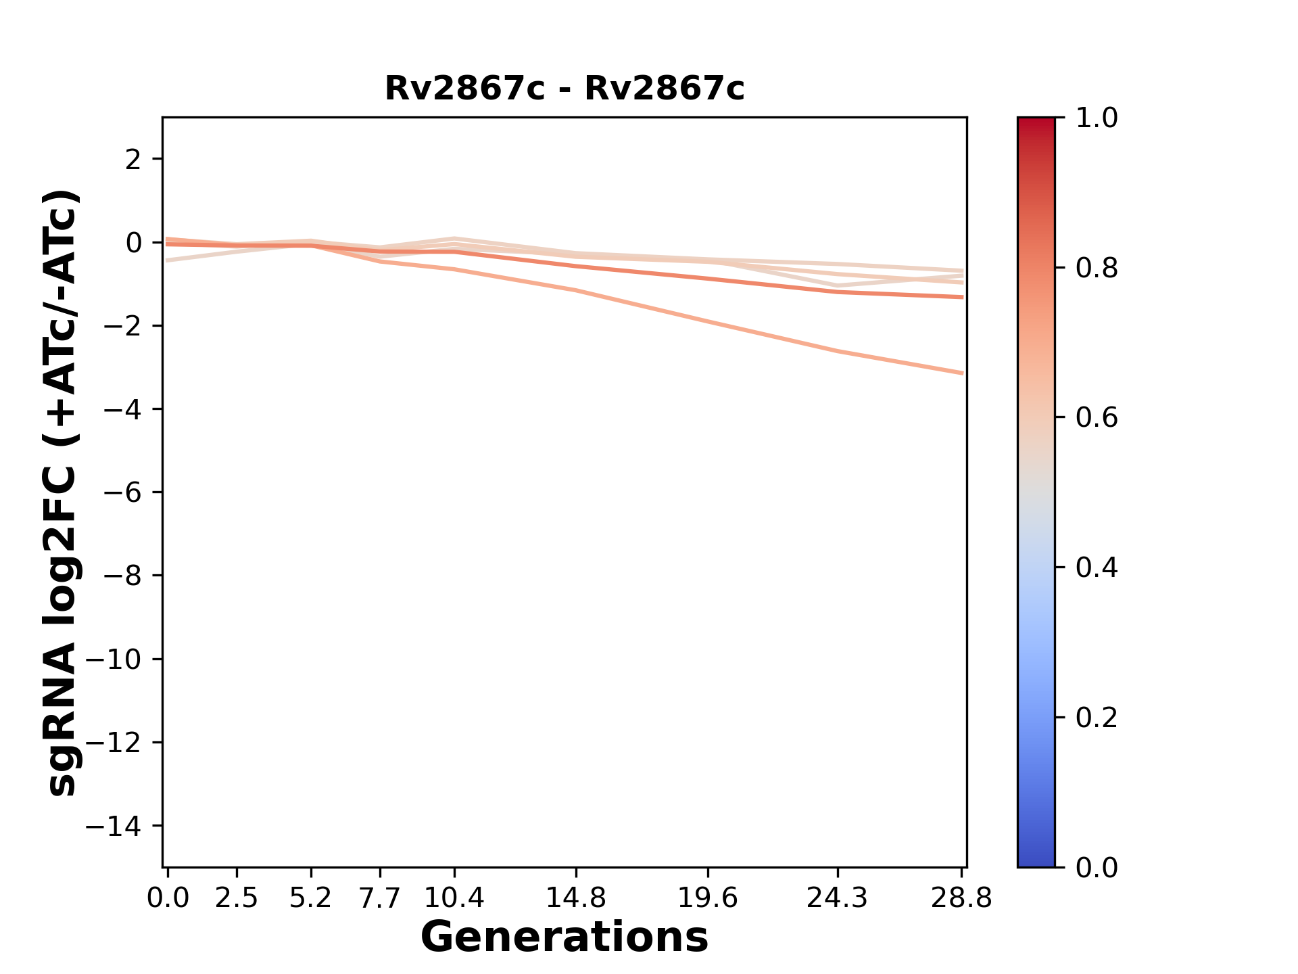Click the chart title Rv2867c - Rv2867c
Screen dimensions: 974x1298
point(564,89)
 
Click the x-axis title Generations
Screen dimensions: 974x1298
point(564,937)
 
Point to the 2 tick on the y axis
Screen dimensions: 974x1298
point(135,160)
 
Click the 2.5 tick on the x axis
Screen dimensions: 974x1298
point(237,898)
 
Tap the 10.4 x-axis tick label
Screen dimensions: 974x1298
point(454,898)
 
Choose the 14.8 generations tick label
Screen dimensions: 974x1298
point(576,898)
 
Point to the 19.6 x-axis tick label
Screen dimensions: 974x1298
point(708,898)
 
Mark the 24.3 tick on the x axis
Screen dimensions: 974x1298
point(838,898)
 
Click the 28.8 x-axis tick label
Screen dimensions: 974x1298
point(961,898)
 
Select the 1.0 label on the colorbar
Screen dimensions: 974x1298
point(1097,118)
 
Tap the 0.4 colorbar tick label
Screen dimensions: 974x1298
point(1097,567)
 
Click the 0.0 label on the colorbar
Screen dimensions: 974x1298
point(1097,867)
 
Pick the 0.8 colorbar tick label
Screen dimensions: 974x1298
point(1097,269)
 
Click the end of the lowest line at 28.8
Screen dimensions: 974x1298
point(961,373)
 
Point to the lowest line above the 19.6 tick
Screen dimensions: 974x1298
point(708,321)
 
